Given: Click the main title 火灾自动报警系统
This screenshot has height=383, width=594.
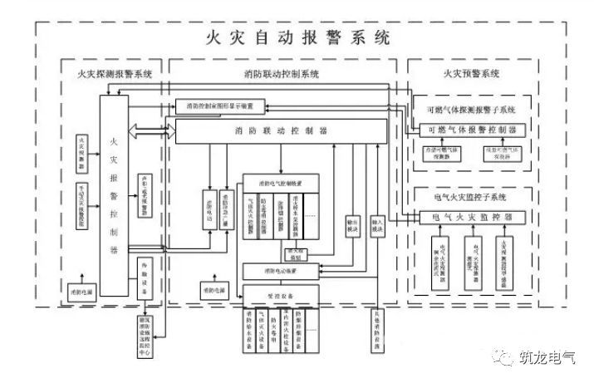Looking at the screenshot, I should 297,38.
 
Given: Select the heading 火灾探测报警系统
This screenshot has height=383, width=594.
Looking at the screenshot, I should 109,74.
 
